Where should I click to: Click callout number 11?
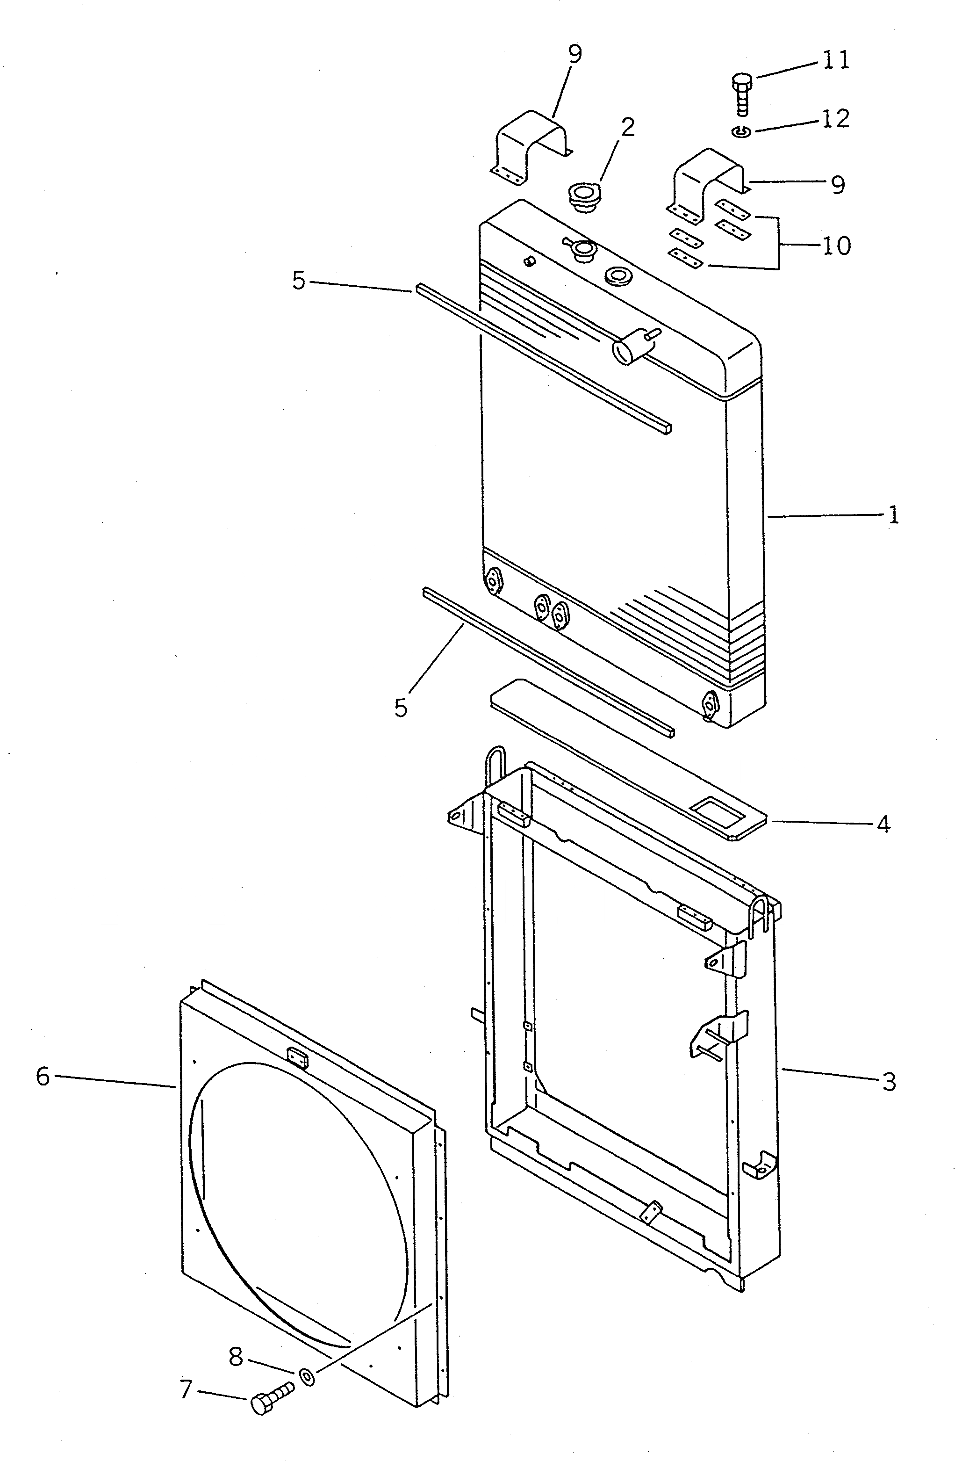(835, 60)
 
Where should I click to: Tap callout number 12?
(835, 118)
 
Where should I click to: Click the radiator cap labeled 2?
(582, 197)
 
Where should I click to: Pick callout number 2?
(627, 127)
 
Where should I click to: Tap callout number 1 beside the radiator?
(893, 514)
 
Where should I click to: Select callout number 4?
(883, 825)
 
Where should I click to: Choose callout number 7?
(186, 1389)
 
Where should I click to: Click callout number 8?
(236, 1357)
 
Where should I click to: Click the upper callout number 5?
(298, 281)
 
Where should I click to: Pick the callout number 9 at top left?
(574, 54)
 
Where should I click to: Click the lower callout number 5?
(400, 707)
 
